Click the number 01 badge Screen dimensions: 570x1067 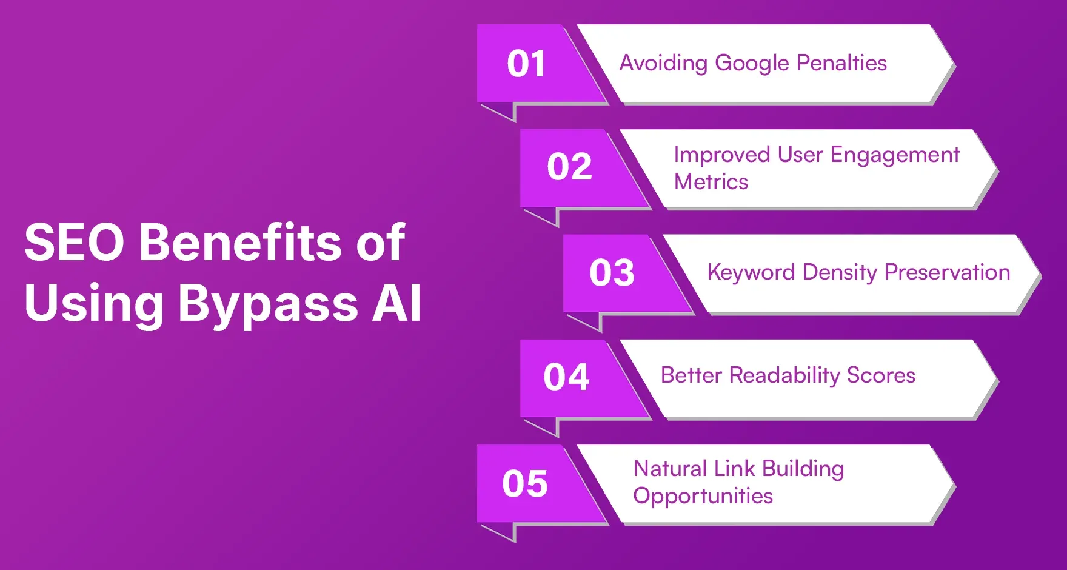pyautogui.click(x=526, y=64)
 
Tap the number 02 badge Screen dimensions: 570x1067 pyautogui.click(x=569, y=167)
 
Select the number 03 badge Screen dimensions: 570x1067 pyautogui.click(x=612, y=273)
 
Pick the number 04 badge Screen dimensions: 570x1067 pyautogui.click(x=566, y=377)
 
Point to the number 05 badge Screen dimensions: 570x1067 pyautogui.click(x=525, y=484)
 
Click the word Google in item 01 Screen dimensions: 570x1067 pyautogui.click(x=752, y=64)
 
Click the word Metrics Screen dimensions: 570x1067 pyautogui.click(x=711, y=182)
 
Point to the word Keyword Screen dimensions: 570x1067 pyautogui.click(x=751, y=272)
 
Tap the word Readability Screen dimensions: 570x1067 pyautogui.click(x=784, y=376)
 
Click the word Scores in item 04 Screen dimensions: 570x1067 pyautogui.click(x=881, y=375)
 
